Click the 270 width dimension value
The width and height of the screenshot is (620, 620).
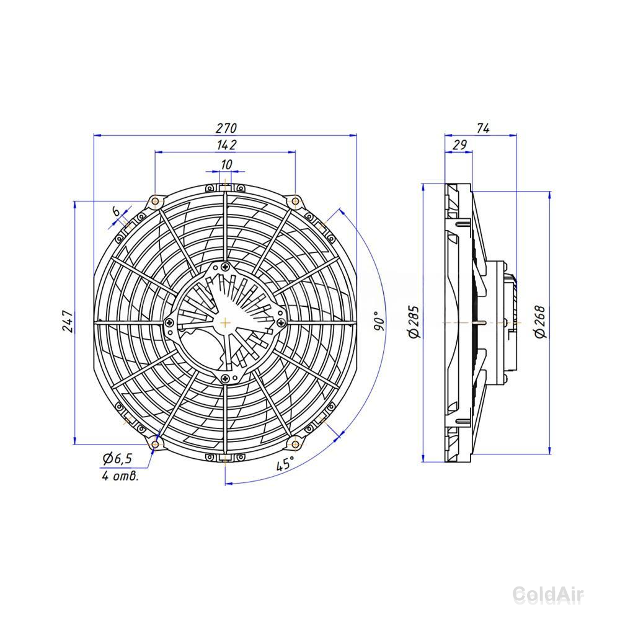point(226,128)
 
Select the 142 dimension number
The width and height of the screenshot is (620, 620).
point(226,144)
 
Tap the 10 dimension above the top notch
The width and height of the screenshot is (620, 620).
point(226,164)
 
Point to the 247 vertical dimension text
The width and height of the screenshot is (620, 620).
point(68,321)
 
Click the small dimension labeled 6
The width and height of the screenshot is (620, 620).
point(117,211)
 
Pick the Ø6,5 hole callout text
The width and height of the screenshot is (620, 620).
point(117,458)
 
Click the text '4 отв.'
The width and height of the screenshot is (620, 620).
point(120,476)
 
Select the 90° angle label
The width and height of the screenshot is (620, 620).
point(378,321)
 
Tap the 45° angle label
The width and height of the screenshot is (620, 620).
point(285,463)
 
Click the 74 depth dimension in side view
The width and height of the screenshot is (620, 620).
point(483,128)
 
